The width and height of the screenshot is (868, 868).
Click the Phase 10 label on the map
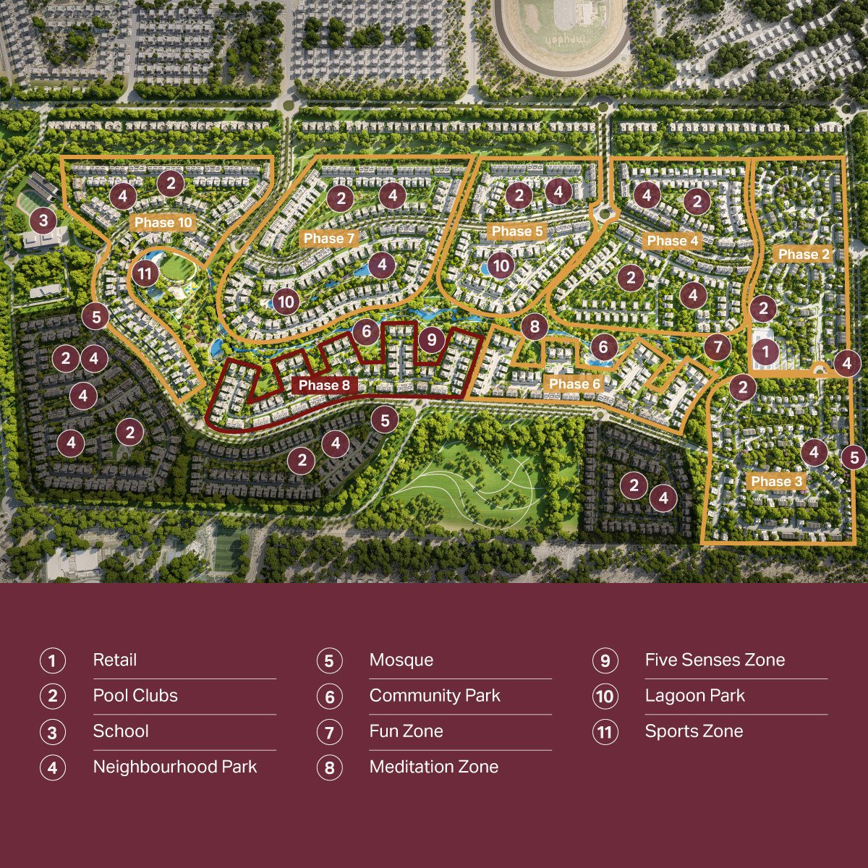tap(164, 222)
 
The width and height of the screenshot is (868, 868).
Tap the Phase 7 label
tap(329, 238)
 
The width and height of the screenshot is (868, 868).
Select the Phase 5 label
tap(517, 231)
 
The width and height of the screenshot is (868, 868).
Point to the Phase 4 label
tap(673, 240)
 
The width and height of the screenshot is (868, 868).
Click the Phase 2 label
tap(804, 254)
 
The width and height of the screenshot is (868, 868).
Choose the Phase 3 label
tap(776, 481)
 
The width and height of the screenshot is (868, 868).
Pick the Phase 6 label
tap(575, 383)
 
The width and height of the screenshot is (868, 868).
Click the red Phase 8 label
tap(324, 385)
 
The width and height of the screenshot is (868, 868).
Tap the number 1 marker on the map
tap(765, 352)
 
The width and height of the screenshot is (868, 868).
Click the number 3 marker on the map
tap(43, 220)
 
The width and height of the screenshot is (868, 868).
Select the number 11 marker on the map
tap(145, 274)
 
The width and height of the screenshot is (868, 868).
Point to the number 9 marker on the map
tap(431, 339)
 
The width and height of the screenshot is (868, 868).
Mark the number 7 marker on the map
tap(718, 348)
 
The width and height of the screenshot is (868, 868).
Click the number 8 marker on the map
tap(535, 327)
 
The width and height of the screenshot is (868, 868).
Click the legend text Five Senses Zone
tap(715, 660)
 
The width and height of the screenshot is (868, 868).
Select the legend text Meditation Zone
tap(434, 767)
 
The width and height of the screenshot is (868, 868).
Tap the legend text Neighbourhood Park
tap(175, 767)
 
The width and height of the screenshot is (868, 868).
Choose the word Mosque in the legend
tap(401, 660)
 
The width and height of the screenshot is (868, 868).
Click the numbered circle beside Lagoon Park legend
tap(605, 697)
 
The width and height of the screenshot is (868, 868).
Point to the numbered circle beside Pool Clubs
tap(52, 697)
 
